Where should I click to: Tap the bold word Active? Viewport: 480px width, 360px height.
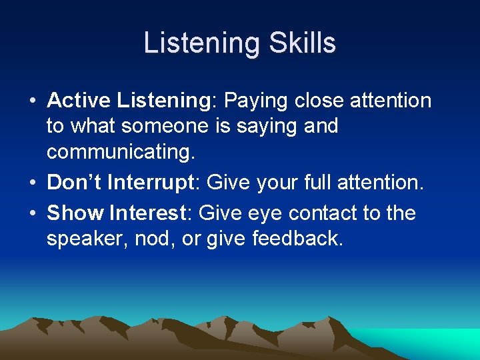[x=79, y=101]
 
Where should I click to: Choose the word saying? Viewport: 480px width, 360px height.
[x=271, y=127]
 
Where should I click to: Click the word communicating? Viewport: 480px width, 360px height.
[x=120, y=151]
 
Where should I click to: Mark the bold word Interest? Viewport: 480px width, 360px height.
[x=146, y=213]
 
